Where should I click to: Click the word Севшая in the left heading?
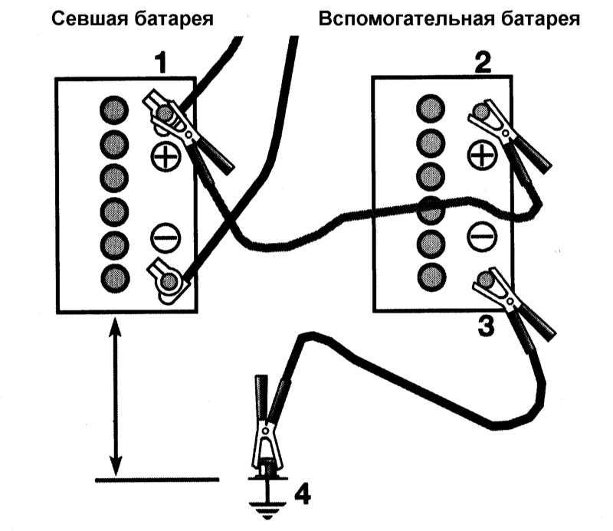click(x=90, y=18)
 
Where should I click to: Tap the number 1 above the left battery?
click(x=161, y=64)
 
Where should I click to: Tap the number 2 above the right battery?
click(x=484, y=63)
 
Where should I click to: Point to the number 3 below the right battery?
click(x=486, y=326)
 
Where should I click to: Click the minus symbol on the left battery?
click(x=166, y=238)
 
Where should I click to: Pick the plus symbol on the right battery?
click(x=483, y=156)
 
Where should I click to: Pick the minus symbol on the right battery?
click(x=482, y=236)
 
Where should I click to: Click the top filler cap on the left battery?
click(x=114, y=110)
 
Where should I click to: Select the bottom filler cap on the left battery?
click(x=114, y=278)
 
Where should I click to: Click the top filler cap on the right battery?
click(x=431, y=108)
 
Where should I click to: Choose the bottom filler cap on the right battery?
click(x=431, y=277)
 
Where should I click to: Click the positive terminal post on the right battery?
click(x=481, y=111)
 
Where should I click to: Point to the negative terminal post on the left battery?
click(x=169, y=281)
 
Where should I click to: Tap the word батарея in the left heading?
click(x=174, y=18)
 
